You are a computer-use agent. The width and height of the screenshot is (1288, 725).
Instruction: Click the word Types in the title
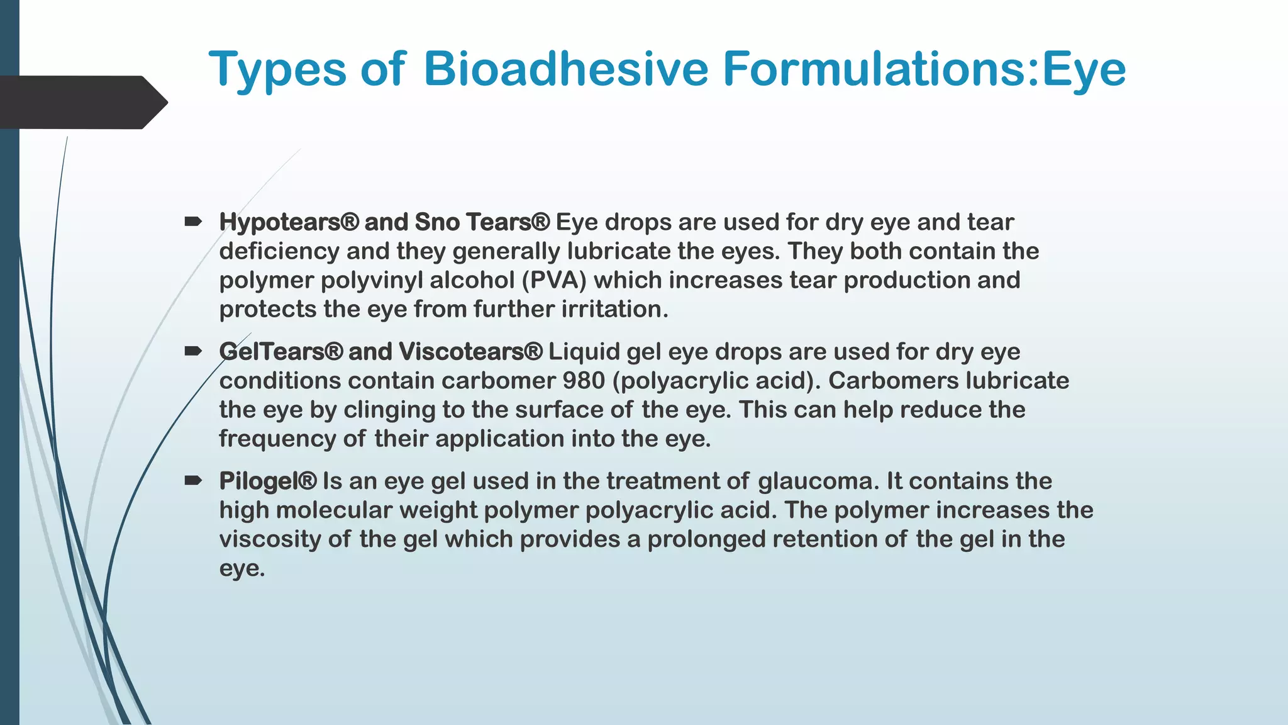click(277, 70)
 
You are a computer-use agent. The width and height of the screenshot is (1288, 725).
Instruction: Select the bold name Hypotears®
click(289, 222)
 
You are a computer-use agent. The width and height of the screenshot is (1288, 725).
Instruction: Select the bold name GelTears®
click(280, 352)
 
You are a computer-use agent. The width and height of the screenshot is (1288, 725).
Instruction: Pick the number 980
click(584, 381)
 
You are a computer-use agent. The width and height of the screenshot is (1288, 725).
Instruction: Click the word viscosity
click(269, 539)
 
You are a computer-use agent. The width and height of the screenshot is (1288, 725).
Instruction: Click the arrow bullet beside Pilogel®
click(193, 481)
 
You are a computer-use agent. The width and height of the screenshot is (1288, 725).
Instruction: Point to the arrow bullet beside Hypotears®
click(193, 222)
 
